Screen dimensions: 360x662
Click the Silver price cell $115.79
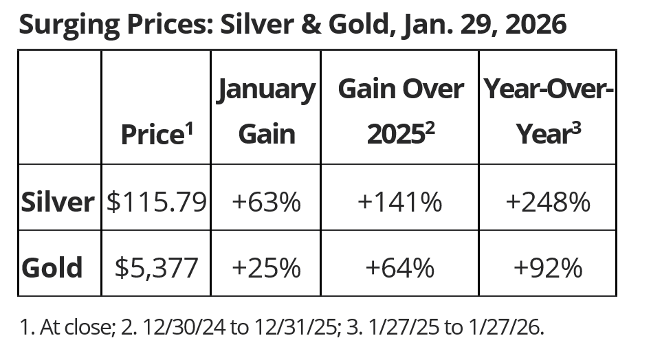click(x=156, y=202)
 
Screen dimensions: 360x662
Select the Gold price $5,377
click(x=156, y=267)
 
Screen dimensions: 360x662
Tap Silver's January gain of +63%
click(x=266, y=202)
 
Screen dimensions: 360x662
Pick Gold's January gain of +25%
click(x=266, y=267)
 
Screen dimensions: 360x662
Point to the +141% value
click(x=400, y=202)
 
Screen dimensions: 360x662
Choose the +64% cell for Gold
click(x=400, y=267)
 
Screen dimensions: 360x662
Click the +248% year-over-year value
click(x=547, y=202)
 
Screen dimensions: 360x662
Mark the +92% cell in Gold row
click(x=547, y=267)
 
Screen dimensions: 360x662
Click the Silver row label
click(x=58, y=202)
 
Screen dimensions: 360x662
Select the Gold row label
click(x=52, y=267)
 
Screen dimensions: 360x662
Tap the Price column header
click(x=155, y=134)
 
